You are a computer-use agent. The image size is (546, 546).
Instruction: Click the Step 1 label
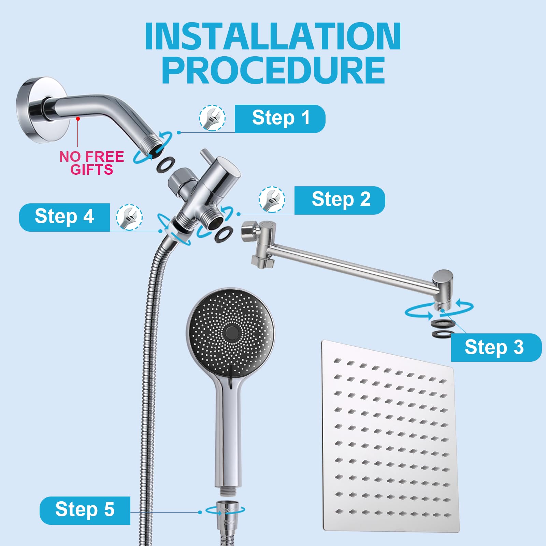[280, 118]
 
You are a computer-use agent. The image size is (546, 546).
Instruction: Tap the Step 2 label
[340, 200]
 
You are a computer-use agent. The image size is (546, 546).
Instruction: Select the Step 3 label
[496, 347]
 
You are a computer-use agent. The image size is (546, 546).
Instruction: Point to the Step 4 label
[64, 217]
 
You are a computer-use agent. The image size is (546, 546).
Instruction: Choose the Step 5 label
[85, 511]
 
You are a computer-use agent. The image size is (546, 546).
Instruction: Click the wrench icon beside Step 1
[212, 118]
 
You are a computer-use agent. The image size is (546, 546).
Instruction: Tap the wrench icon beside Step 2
[272, 200]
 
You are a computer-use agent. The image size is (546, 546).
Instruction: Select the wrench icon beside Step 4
[129, 217]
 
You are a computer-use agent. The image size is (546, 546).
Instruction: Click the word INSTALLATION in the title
[273, 36]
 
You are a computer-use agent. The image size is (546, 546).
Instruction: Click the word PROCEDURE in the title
[274, 70]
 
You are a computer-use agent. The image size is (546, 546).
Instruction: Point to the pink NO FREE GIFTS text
[92, 163]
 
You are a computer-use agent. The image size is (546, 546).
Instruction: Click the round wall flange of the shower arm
[32, 110]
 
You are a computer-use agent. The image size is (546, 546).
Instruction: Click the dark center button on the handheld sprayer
[232, 332]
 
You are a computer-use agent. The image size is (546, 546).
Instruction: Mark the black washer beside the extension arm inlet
[224, 234]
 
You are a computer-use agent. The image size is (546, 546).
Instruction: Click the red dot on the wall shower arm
[78, 118]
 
